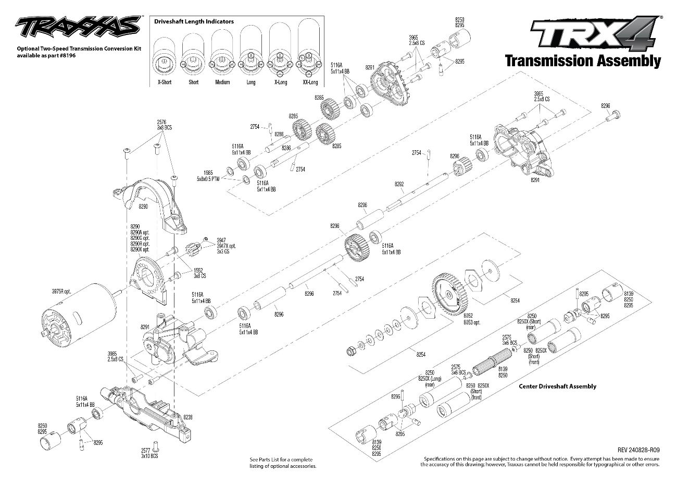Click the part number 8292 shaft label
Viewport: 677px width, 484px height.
point(399,184)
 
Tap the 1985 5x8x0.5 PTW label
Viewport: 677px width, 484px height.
point(208,176)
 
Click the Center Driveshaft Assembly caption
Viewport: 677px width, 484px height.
point(558,386)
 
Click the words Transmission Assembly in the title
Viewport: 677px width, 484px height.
point(583,61)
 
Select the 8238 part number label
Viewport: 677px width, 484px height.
point(187,417)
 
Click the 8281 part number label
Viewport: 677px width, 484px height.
point(370,67)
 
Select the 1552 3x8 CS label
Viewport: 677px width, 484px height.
point(200,273)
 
